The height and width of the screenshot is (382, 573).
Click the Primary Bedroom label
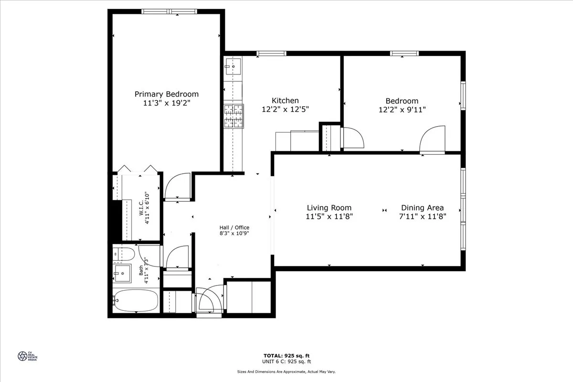pos(166,94)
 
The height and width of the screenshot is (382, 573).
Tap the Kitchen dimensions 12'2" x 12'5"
pos(285,109)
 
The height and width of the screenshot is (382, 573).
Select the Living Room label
pos(329,208)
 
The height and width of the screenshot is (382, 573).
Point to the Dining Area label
pos(422,208)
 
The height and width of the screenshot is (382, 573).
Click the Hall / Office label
pos(234,227)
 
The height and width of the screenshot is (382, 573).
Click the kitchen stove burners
pos(233,116)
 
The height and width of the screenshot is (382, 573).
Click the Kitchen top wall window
pos(271,53)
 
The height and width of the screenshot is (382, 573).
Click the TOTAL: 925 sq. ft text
pos(286,356)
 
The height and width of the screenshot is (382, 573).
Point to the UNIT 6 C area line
pos(286,362)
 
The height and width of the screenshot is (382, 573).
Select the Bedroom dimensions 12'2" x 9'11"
pos(402,109)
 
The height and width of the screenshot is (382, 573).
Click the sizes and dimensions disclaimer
pos(286,371)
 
